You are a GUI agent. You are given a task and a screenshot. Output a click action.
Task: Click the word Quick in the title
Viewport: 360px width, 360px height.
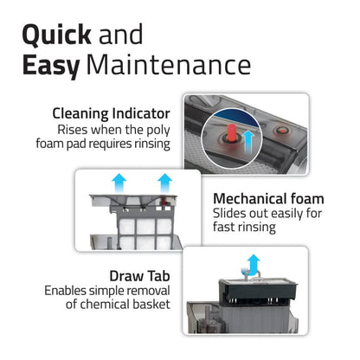pyautogui.click(x=56, y=35)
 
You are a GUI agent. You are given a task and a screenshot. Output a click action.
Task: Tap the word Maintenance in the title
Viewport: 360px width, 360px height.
pyautogui.click(x=169, y=65)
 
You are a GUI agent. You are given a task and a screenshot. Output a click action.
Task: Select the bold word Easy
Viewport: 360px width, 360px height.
pyautogui.click(x=51, y=67)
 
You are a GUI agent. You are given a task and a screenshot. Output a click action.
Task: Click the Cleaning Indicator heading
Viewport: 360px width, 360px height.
pyautogui.click(x=111, y=113)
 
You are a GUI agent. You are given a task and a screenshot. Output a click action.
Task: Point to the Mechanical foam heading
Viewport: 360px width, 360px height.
pyautogui.click(x=268, y=199)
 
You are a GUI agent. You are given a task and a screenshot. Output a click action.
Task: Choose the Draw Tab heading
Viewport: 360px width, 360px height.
pyautogui.click(x=139, y=276)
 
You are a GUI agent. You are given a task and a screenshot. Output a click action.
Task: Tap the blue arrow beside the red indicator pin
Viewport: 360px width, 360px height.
pyautogui.click(x=248, y=141)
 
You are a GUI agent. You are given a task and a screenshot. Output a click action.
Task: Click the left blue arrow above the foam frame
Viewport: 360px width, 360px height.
pyautogui.click(x=119, y=183)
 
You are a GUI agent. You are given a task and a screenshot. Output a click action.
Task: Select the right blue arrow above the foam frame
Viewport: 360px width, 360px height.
pyautogui.click(x=165, y=183)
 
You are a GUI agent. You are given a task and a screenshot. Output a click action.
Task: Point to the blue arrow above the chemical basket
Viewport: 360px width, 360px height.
pyautogui.click(x=253, y=265)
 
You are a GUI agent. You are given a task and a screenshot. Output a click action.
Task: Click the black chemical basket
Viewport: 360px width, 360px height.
pyautogui.click(x=258, y=290)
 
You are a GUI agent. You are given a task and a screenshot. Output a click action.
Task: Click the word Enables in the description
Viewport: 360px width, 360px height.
pyautogui.click(x=65, y=291)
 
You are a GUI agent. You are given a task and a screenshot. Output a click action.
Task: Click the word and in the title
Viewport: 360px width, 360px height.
pyautogui.click(x=120, y=35)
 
